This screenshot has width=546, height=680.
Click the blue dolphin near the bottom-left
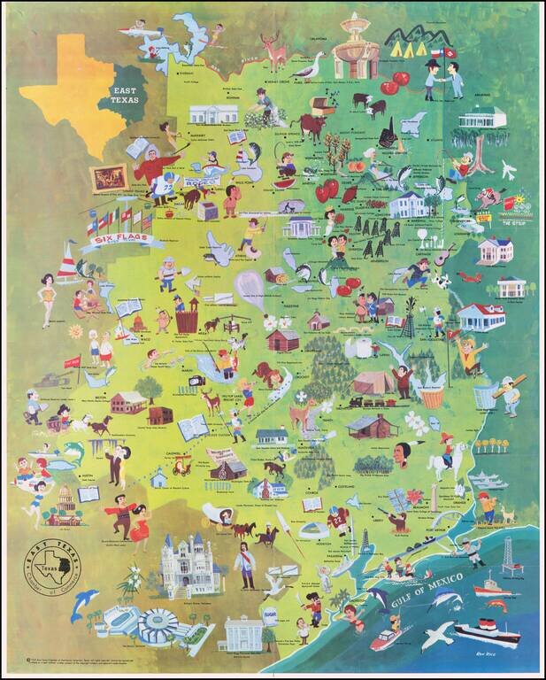tap(86, 603)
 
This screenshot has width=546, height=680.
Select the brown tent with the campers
tap(372, 382)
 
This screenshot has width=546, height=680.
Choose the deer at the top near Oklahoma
tap(274, 54)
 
